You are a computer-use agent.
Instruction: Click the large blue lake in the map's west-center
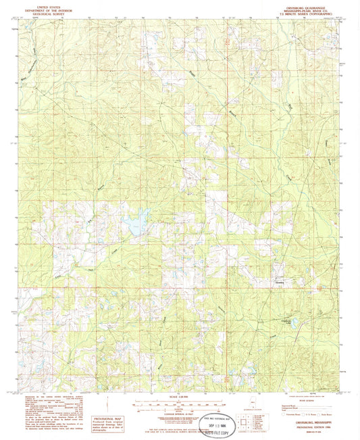tap(139, 221)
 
